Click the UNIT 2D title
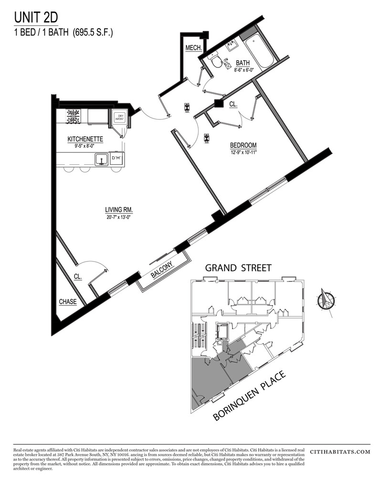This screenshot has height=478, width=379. (x=36, y=18)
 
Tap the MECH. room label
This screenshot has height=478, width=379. (x=194, y=48)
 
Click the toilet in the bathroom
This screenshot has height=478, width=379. (x=217, y=61)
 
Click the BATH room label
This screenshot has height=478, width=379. (x=242, y=63)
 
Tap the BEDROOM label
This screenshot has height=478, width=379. (x=243, y=145)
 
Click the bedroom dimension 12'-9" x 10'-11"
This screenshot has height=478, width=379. (x=243, y=152)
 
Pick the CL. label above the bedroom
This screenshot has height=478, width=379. (x=233, y=103)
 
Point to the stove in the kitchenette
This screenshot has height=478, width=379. (x=74, y=116)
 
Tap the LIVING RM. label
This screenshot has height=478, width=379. (x=119, y=209)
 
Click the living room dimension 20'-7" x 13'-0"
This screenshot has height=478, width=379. (x=119, y=217)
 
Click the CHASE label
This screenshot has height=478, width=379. (x=68, y=302)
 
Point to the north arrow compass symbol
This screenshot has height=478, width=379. (x=326, y=300)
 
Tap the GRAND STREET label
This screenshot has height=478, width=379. (x=238, y=268)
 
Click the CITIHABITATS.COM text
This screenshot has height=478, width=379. (x=340, y=451)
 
